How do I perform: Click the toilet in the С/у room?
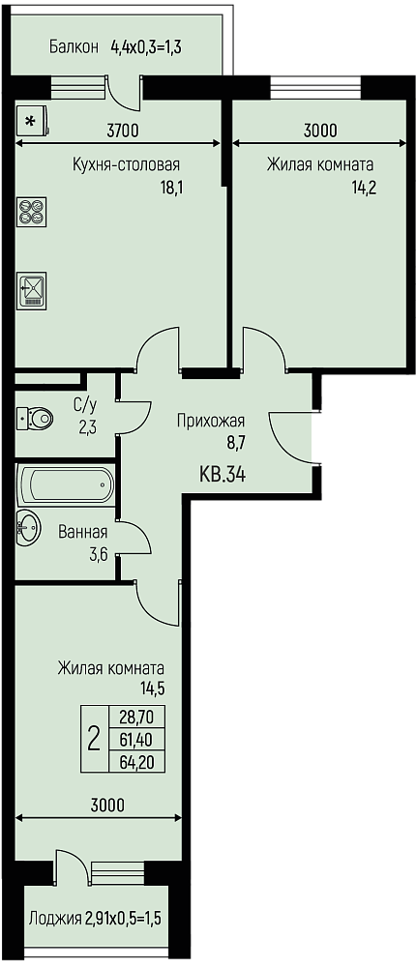tap(35, 420)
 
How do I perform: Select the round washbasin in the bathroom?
tap(28, 527)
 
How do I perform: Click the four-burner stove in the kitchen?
tap(32, 211)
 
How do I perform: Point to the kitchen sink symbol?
tap(32, 290)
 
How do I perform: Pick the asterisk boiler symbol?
tap(31, 121)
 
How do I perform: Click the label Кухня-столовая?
tap(126, 165)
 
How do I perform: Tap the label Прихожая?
tap(211, 422)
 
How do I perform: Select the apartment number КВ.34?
tap(223, 475)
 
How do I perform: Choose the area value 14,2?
tap(364, 188)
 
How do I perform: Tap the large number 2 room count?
tap(95, 738)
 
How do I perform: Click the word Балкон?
tap(74, 46)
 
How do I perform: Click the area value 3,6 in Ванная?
tap(99, 554)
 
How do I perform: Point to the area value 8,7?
tap(235, 442)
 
